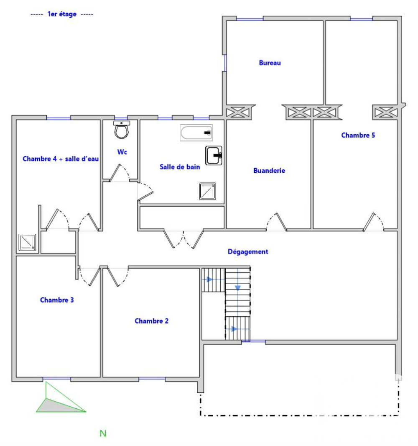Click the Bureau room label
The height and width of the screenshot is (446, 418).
pos(270,63)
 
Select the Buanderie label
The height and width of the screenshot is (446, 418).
pos(269,171)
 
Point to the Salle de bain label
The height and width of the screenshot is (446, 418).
pos(180,167)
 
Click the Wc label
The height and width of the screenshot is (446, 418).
pos(122,152)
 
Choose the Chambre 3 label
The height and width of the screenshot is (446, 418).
pos(57,300)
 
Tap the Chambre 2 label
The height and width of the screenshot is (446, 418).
pos(152,321)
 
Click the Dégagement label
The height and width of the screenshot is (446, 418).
pos(248,252)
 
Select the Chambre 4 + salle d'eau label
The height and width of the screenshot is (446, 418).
pos(61,159)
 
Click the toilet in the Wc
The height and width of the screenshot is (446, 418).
pos(122,130)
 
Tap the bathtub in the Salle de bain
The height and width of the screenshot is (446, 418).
pos(196,133)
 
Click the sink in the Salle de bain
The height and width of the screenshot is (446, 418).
pos(214,155)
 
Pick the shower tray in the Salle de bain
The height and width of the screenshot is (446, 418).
pos(207,191)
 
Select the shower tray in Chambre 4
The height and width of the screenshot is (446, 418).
pos(28,243)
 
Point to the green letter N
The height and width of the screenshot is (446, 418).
pos(103,433)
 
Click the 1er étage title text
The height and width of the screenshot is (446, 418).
pos(62,14)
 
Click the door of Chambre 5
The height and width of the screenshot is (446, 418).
pos(374,222)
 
